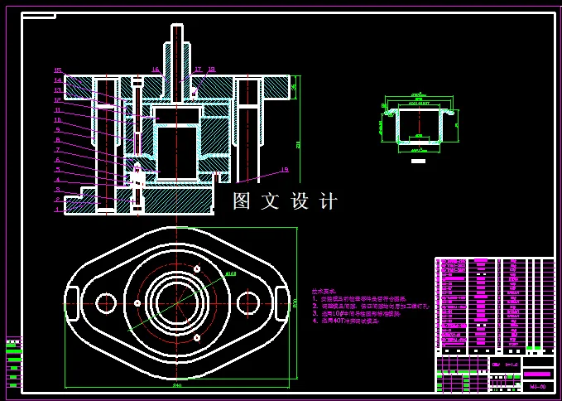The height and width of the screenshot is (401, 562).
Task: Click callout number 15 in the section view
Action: tap(58, 70)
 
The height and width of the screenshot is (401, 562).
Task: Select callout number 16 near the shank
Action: tap(155, 70)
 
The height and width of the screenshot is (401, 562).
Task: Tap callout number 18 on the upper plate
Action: tap(212, 70)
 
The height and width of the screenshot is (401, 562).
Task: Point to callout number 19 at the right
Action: tap(285, 170)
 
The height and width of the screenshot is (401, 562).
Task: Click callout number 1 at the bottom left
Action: tap(58, 210)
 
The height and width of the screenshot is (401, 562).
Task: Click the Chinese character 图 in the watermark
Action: tap(242, 200)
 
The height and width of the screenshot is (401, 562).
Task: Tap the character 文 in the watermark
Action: tap(271, 200)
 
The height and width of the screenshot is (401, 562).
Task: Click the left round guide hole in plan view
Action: tap(106, 303)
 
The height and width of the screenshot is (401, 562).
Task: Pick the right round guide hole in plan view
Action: tap(247, 303)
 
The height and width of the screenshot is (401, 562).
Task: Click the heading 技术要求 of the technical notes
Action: tap(321, 292)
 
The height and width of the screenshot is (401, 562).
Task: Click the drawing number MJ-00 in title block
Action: tap(537, 386)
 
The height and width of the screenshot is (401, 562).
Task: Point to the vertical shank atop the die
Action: tap(177, 50)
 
